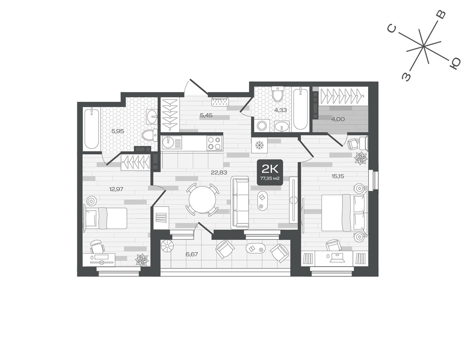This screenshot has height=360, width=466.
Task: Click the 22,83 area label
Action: pyautogui.click(x=219, y=172)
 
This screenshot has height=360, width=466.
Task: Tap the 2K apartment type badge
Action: pyautogui.click(x=270, y=172)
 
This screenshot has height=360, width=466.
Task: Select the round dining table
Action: pyautogui.click(x=202, y=200)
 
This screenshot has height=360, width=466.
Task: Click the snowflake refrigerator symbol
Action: pyautogui.click(x=259, y=145)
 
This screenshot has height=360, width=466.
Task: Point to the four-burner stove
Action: pyautogui.click(x=214, y=143)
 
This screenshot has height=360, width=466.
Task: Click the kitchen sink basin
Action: pyautogui.click(x=167, y=142)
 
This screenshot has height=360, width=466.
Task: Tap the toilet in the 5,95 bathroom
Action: pyautogui.click(x=150, y=135)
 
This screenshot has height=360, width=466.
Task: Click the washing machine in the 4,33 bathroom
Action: pyautogui.click(x=262, y=126)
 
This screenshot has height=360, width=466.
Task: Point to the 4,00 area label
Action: pyautogui.click(x=338, y=119)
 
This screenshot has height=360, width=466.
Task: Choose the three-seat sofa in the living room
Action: pyautogui.click(x=240, y=202)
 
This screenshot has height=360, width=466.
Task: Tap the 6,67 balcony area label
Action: pyautogui.click(x=192, y=254)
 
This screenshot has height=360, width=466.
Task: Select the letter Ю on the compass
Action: pyautogui.click(x=455, y=64)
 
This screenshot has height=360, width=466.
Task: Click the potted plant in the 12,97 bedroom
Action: pyautogui.click(x=142, y=260)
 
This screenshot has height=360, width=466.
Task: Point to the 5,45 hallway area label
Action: pyautogui.click(x=206, y=116)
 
